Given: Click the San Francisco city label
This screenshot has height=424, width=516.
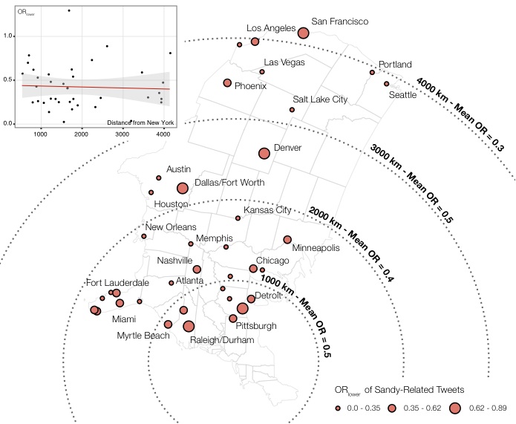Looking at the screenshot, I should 339,22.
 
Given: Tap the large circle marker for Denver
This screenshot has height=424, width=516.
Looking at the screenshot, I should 264,154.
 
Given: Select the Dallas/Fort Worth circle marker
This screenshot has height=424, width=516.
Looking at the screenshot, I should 183,189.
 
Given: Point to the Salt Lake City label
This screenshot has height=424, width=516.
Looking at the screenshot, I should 320,99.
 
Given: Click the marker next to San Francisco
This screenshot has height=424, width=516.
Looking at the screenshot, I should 303,33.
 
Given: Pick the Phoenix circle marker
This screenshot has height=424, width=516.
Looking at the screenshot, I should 228,83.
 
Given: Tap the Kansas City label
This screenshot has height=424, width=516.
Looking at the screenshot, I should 273,211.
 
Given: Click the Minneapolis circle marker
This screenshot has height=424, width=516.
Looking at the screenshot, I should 287,240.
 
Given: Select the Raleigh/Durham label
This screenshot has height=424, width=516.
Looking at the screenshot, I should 223,339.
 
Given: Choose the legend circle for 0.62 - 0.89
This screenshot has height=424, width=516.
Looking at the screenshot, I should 454,408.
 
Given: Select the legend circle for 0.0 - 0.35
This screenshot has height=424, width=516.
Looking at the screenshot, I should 338,408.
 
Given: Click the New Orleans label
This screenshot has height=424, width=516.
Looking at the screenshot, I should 171,227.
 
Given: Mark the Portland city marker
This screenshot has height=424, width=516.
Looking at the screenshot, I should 372,72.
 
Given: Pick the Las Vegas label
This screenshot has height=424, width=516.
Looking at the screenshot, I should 284,62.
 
